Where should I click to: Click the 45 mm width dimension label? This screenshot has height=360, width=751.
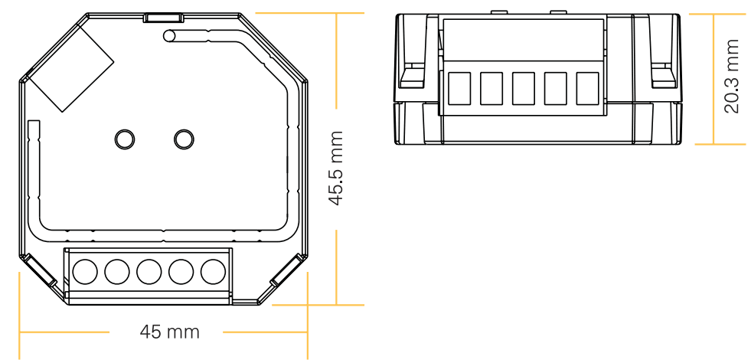(169, 332)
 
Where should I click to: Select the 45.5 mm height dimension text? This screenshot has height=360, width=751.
(336, 168)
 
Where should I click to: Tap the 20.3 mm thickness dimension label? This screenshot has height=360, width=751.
(733, 77)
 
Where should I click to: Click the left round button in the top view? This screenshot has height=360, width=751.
(122, 139)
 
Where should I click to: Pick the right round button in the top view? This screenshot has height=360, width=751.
(183, 139)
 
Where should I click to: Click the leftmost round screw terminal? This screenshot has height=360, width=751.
(83, 272)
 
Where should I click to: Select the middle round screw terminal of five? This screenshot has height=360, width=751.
(148, 272)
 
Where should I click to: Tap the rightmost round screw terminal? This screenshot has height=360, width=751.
(212, 272)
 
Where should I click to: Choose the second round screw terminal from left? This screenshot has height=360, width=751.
(116, 272)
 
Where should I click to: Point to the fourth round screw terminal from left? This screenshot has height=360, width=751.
(180, 272)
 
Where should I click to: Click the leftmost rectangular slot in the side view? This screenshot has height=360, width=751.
(459, 88)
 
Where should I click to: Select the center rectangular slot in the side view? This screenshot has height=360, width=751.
(523, 88)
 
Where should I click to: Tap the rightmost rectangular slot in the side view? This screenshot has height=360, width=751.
(587, 88)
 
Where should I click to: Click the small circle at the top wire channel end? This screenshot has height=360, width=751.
(170, 34)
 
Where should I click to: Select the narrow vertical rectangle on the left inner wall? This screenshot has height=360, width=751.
(33, 134)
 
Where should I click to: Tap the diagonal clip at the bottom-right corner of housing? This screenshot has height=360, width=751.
(284, 273)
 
